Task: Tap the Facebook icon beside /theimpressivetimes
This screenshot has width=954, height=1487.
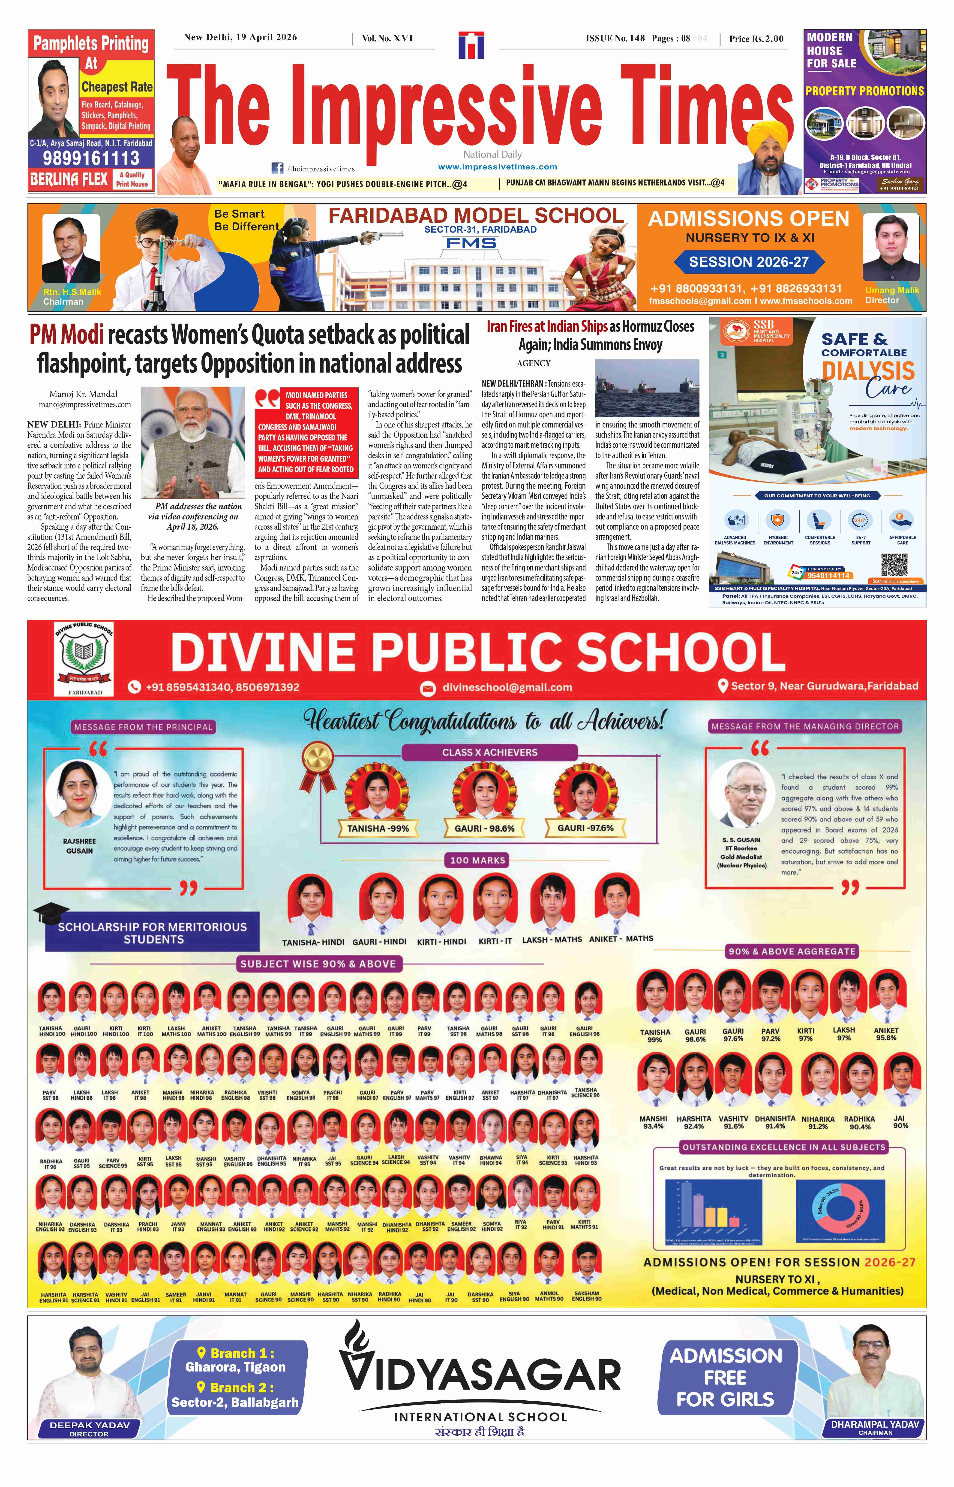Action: tap(278, 168)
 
